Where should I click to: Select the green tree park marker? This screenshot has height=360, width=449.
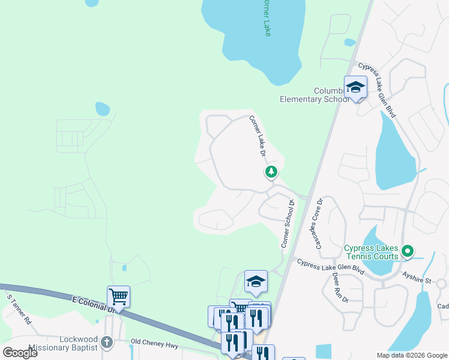(271, 172)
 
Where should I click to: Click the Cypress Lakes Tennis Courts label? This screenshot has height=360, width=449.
(372, 252)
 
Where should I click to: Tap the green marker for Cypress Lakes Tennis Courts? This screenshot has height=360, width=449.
(408, 251)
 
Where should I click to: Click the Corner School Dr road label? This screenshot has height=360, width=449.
(288, 224)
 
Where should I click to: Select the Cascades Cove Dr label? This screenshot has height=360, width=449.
(318, 223)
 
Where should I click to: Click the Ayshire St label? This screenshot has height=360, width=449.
(417, 280)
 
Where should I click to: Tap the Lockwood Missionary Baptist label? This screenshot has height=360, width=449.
(62, 343)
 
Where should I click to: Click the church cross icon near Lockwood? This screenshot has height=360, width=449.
(106, 343)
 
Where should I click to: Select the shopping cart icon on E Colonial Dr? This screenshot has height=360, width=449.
(118, 296)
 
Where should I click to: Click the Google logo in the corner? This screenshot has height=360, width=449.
(20, 352)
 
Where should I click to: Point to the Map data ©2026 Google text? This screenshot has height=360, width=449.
(412, 355)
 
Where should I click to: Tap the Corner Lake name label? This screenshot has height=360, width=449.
(267, 18)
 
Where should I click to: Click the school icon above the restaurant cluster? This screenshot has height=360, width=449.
(256, 281)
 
